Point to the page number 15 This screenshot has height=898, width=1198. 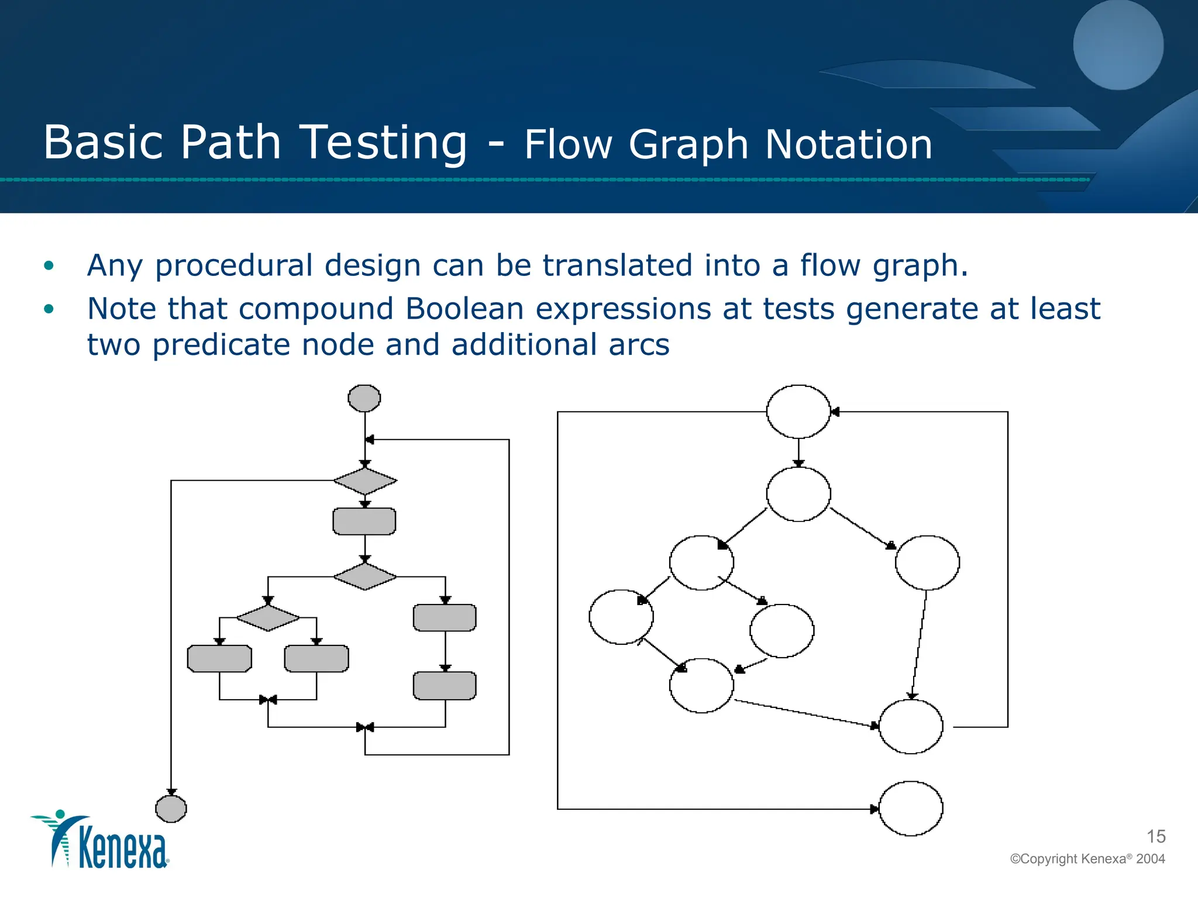[1156, 837]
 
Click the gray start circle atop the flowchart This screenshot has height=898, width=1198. [364, 398]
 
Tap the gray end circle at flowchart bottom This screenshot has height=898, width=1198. [171, 809]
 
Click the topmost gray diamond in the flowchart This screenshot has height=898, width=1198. [365, 481]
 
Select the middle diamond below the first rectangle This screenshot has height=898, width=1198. [365, 576]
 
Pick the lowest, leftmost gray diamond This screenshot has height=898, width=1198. [268, 617]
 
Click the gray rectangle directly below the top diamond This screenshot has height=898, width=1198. [364, 521]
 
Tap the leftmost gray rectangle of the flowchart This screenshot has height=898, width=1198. [219, 658]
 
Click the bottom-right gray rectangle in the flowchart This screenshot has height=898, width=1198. [445, 686]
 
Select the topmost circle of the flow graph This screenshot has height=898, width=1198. [798, 412]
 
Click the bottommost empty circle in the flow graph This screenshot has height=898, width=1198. [911, 809]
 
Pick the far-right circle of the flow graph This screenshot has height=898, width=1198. [927, 562]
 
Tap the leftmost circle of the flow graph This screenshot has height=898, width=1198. [621, 617]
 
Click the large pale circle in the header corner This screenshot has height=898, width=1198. [1118, 45]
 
